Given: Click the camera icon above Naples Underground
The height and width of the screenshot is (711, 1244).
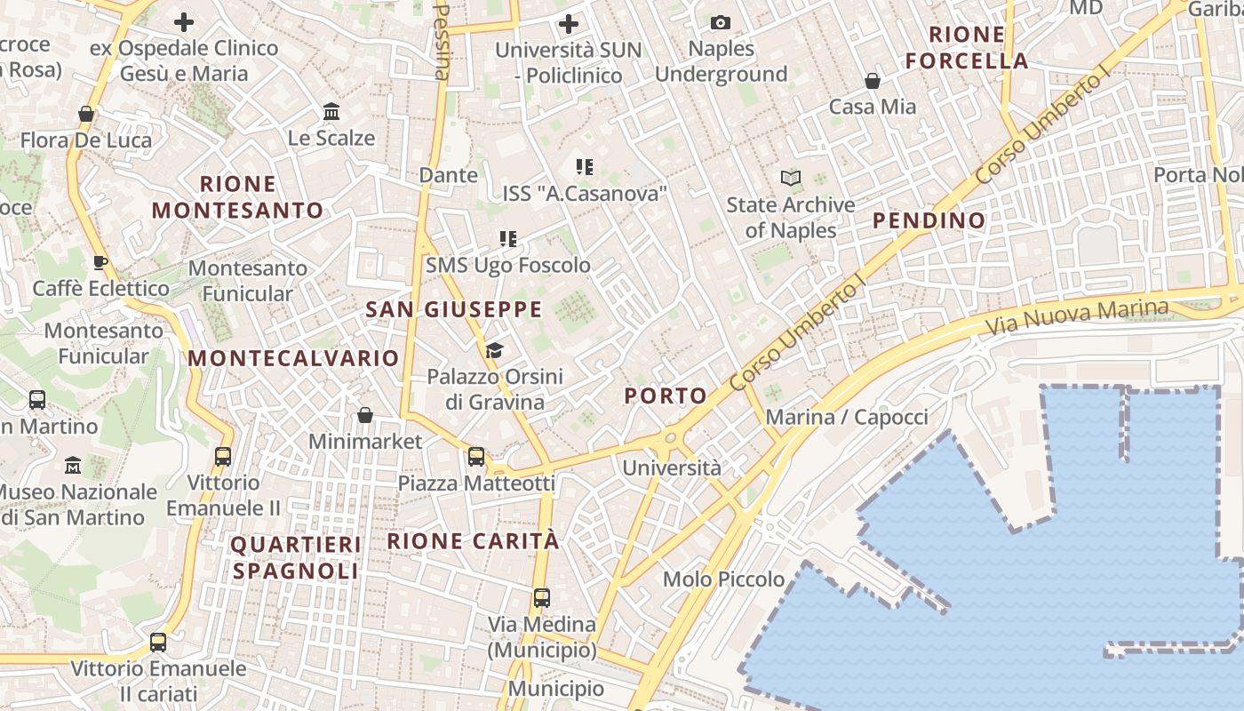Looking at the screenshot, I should tap(721, 22).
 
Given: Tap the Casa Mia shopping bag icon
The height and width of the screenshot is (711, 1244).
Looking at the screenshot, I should tap(873, 81).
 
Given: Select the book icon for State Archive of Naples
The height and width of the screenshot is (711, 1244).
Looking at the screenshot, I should tap(791, 179).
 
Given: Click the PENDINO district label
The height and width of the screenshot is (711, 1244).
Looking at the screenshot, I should tap(929, 220).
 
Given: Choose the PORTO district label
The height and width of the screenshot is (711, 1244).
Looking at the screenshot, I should tap(666, 396).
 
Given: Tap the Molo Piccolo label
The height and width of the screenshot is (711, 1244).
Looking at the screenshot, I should tap(723, 579).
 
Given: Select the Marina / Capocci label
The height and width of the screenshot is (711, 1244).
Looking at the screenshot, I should tap(846, 417).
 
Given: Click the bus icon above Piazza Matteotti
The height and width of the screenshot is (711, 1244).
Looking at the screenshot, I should tap(476, 457).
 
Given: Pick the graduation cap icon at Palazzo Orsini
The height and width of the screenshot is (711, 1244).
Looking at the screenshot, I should tap(494, 350).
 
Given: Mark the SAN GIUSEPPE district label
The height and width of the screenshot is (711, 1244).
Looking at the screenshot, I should tap(453, 309).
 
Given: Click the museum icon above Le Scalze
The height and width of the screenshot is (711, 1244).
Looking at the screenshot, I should tap(331, 112).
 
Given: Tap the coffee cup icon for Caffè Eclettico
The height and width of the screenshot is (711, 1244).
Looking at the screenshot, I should tap(100, 262).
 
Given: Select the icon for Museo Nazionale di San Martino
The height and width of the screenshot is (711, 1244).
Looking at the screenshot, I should tap(73, 465).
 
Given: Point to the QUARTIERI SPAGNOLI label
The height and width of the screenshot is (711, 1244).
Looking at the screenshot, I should tap(296, 557).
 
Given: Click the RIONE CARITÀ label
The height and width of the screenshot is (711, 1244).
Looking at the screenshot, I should tap(474, 540).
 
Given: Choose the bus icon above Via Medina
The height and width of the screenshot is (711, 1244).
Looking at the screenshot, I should tap(541, 597).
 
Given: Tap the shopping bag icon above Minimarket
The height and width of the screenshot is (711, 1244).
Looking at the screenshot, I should tap(364, 415).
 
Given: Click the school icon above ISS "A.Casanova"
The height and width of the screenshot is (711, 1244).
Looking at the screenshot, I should tap(584, 166).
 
